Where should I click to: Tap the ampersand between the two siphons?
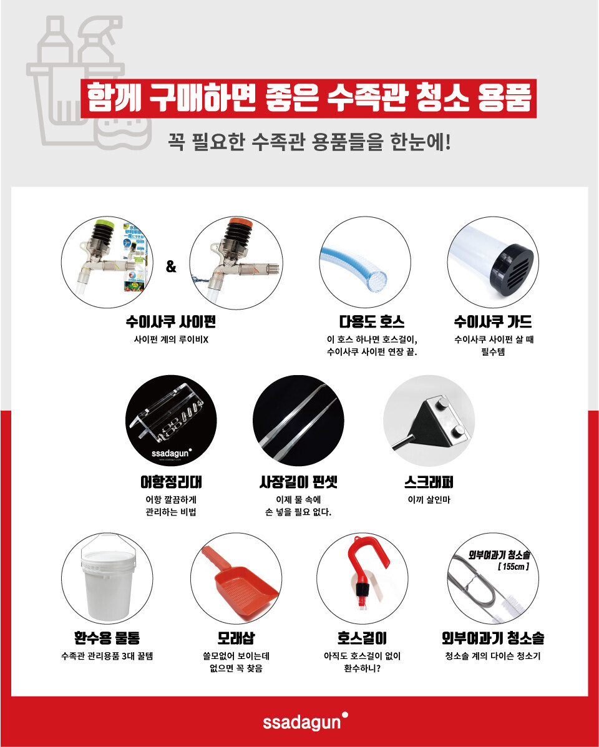pyautogui.click(x=171, y=267)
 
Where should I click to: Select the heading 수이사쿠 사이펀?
pyautogui.click(x=170, y=322)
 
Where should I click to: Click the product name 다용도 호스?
pyautogui.click(x=372, y=322)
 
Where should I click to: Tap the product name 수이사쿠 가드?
pyautogui.click(x=493, y=322)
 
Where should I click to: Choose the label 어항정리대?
pyautogui.click(x=171, y=482)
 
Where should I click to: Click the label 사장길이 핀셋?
pyautogui.click(x=298, y=482)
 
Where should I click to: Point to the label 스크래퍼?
pyautogui.click(x=429, y=482)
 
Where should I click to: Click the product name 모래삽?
pyautogui.click(x=236, y=638)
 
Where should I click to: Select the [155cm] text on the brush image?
pyautogui.click(x=514, y=567)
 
